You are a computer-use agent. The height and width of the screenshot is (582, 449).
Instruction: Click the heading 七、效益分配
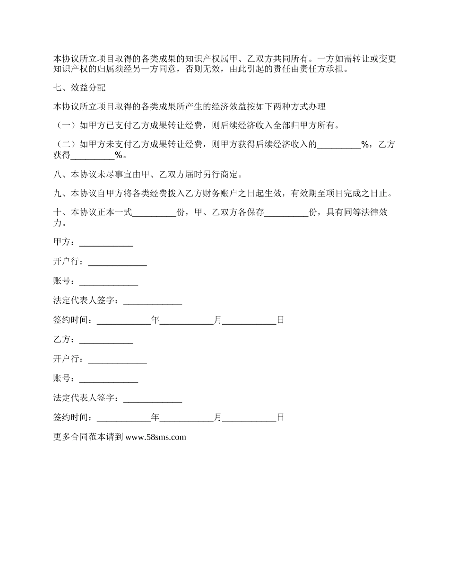pyautogui.click(x=79, y=88)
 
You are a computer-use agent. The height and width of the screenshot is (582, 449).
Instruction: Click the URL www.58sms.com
pyautogui.click(x=155, y=437)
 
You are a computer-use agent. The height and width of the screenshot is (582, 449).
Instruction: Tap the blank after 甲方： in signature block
pyautogui.click(x=106, y=243)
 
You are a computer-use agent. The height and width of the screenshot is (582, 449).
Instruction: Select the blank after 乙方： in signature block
pyautogui.click(x=106, y=340)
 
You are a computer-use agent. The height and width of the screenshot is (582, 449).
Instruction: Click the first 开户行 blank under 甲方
pyautogui.click(x=117, y=262)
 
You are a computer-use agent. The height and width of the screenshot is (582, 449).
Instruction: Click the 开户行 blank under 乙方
pyautogui.click(x=117, y=360)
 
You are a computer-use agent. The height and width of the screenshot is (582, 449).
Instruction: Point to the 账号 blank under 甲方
pyautogui.click(x=108, y=282)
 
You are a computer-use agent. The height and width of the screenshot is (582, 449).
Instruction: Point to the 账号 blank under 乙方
pyautogui.click(x=108, y=379)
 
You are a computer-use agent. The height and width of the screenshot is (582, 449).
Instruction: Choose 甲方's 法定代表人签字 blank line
pyautogui.click(x=152, y=301)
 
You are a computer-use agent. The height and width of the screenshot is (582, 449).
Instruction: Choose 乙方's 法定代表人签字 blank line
pyautogui.click(x=152, y=399)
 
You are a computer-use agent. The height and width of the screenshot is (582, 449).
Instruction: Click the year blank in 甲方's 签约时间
pyautogui.click(x=123, y=321)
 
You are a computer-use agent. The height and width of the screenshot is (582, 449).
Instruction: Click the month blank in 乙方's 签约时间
pyautogui.click(x=186, y=418)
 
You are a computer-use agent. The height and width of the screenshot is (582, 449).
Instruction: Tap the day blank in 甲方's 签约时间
pyautogui.click(x=249, y=321)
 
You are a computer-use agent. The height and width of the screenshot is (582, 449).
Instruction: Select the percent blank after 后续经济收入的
pyautogui.click(x=338, y=146)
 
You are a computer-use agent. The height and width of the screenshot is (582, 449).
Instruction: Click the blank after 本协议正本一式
pyautogui.click(x=154, y=213)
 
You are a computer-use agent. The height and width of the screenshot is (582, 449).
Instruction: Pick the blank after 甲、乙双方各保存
pyautogui.click(x=286, y=213)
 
